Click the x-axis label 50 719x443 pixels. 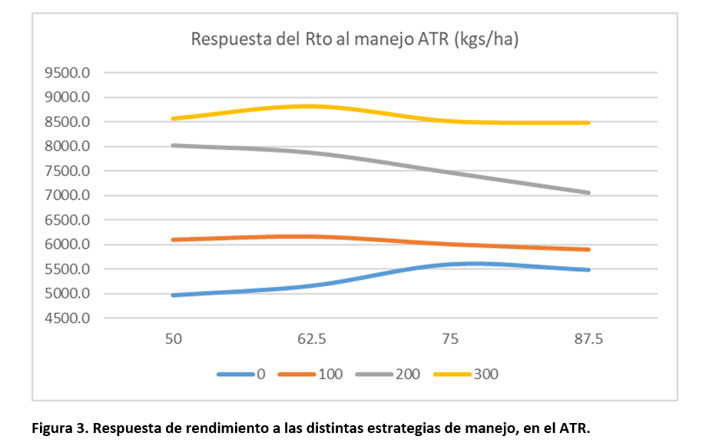tap(174, 338)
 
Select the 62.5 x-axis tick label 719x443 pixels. tap(312, 338)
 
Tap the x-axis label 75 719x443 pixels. tap(450, 338)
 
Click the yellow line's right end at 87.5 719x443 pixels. tap(588, 122)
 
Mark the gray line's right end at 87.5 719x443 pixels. tap(588, 193)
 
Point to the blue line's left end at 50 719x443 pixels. tap(174, 295)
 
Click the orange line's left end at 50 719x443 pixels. tap(174, 240)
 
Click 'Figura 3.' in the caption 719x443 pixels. tap(58, 427)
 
